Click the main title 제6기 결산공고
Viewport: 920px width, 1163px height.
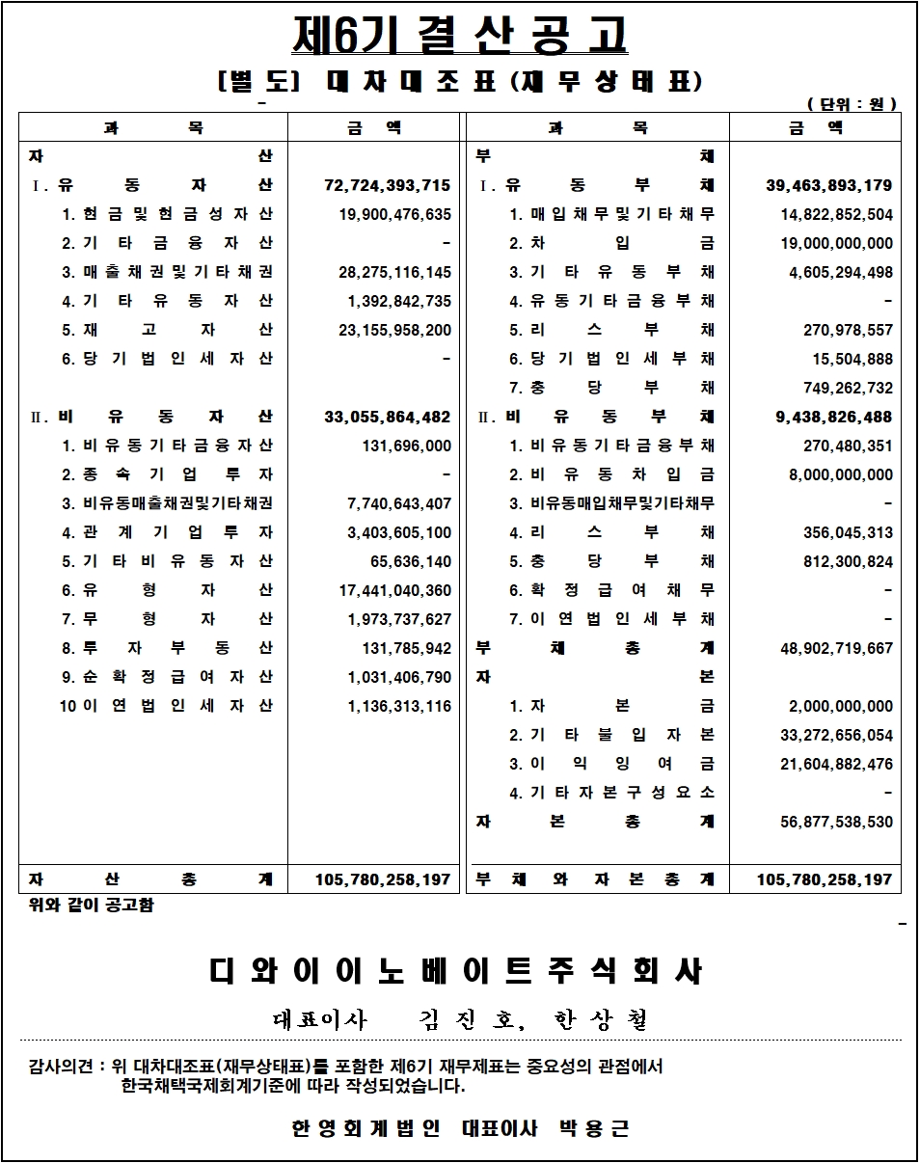click(460, 37)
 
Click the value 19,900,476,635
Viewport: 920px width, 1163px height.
click(394, 214)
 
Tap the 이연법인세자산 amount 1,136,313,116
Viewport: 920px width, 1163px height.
click(399, 706)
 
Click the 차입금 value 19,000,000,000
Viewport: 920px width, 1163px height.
click(836, 243)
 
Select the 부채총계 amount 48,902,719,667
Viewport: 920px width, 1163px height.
click(836, 648)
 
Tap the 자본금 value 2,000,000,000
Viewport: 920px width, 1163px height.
click(841, 706)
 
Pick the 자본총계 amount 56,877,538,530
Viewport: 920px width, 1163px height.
click(836, 822)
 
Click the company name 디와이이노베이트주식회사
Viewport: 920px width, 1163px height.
click(456, 971)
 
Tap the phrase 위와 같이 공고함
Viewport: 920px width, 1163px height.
click(92, 906)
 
